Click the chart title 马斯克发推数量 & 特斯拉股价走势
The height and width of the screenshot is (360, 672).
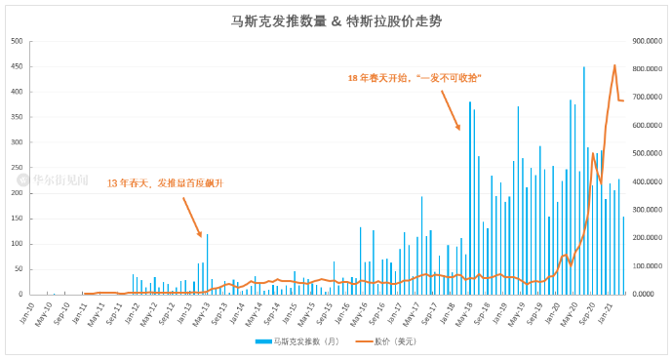pos(335,20)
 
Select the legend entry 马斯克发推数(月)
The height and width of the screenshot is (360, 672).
pos(294,341)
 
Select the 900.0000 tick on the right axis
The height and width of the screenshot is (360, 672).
pos(649,41)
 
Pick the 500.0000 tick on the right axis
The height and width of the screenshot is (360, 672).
pos(649,153)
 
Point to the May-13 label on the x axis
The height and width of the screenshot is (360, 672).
pos(202,310)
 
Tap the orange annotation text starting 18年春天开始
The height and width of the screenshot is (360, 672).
pos(415,77)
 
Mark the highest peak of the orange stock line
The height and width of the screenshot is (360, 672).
pos(614,65)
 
